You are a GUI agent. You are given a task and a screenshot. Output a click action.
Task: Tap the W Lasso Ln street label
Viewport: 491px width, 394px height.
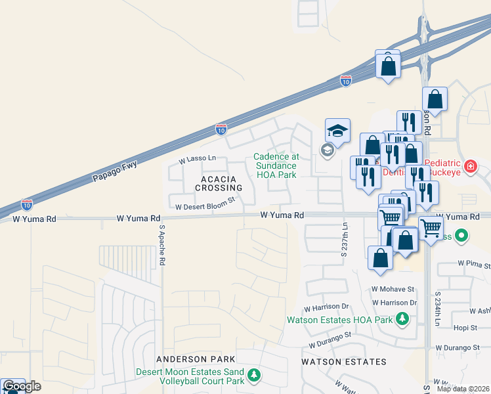tap(197, 159)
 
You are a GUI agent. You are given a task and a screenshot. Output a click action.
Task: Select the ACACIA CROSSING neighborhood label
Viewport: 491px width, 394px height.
tap(213, 183)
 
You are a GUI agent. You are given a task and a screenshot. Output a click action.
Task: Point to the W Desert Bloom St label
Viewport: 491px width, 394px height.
tap(205, 206)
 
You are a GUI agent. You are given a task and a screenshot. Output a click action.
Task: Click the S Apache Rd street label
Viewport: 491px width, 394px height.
tap(161, 244)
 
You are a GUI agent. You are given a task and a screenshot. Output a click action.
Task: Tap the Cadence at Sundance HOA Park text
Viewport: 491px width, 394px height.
tap(276, 165)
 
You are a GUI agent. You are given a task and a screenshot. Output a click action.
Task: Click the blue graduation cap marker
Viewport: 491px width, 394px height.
tap(337, 131)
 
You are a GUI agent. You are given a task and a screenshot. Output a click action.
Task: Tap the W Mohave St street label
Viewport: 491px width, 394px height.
tap(393, 289)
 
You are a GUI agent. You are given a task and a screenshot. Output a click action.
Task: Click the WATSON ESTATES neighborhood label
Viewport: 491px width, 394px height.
tap(343, 362)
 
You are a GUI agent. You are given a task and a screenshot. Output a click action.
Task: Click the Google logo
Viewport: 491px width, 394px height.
tap(22, 386)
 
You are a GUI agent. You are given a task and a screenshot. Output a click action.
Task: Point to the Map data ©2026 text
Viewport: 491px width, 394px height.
tap(463, 389)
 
